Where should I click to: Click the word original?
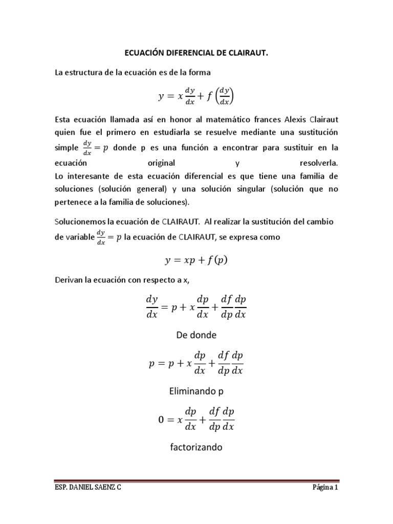tap(161, 163)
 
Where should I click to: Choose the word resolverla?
tap(317, 163)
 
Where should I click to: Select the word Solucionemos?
tap(80, 222)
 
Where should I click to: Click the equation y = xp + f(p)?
tap(196, 260)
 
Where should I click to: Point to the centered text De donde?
tap(196, 335)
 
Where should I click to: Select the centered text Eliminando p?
tap(196, 391)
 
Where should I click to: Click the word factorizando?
tap(196, 448)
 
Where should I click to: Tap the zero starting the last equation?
tap(163, 420)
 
